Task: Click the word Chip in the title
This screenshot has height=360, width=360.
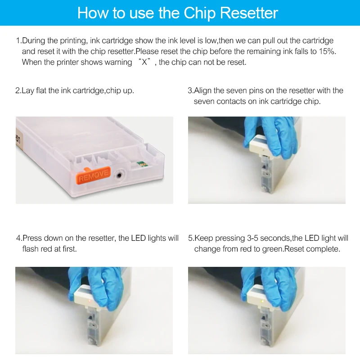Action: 200,13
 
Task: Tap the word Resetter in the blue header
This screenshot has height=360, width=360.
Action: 249,13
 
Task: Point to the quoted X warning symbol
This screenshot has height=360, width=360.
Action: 144,62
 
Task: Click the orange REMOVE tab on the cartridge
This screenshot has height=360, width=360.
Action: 94,175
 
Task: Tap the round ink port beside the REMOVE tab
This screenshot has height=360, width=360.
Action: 119,175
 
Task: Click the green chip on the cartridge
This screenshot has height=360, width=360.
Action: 140,164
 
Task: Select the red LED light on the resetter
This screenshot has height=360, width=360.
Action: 90,301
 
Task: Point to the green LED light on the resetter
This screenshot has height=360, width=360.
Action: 262,301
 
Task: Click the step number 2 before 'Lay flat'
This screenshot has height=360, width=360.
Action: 18,90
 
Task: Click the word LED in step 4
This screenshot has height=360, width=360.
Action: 139,238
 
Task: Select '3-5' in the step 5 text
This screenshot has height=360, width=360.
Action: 252,238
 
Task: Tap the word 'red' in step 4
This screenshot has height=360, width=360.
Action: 45,249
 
